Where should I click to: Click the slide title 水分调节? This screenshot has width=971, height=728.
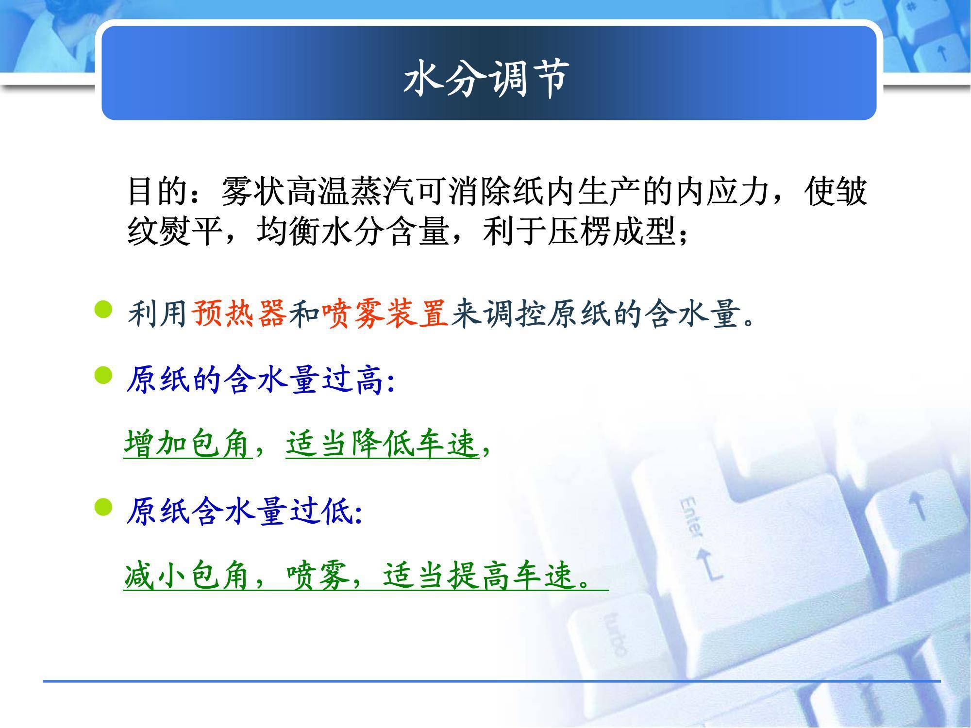tap(486, 78)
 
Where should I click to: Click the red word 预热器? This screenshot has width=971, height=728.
tap(239, 314)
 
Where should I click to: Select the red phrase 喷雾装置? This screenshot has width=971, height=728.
tap(385, 314)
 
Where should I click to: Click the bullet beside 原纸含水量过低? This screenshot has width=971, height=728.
tap(102, 508)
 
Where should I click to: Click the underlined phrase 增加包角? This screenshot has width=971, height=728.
tap(188, 444)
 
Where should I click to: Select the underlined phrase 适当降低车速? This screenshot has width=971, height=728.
tap(382, 444)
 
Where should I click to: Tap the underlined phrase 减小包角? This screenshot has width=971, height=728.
tap(188, 576)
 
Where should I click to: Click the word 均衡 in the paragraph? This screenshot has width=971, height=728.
tap(288, 231)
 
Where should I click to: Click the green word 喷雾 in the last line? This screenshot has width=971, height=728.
tap(318, 576)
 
